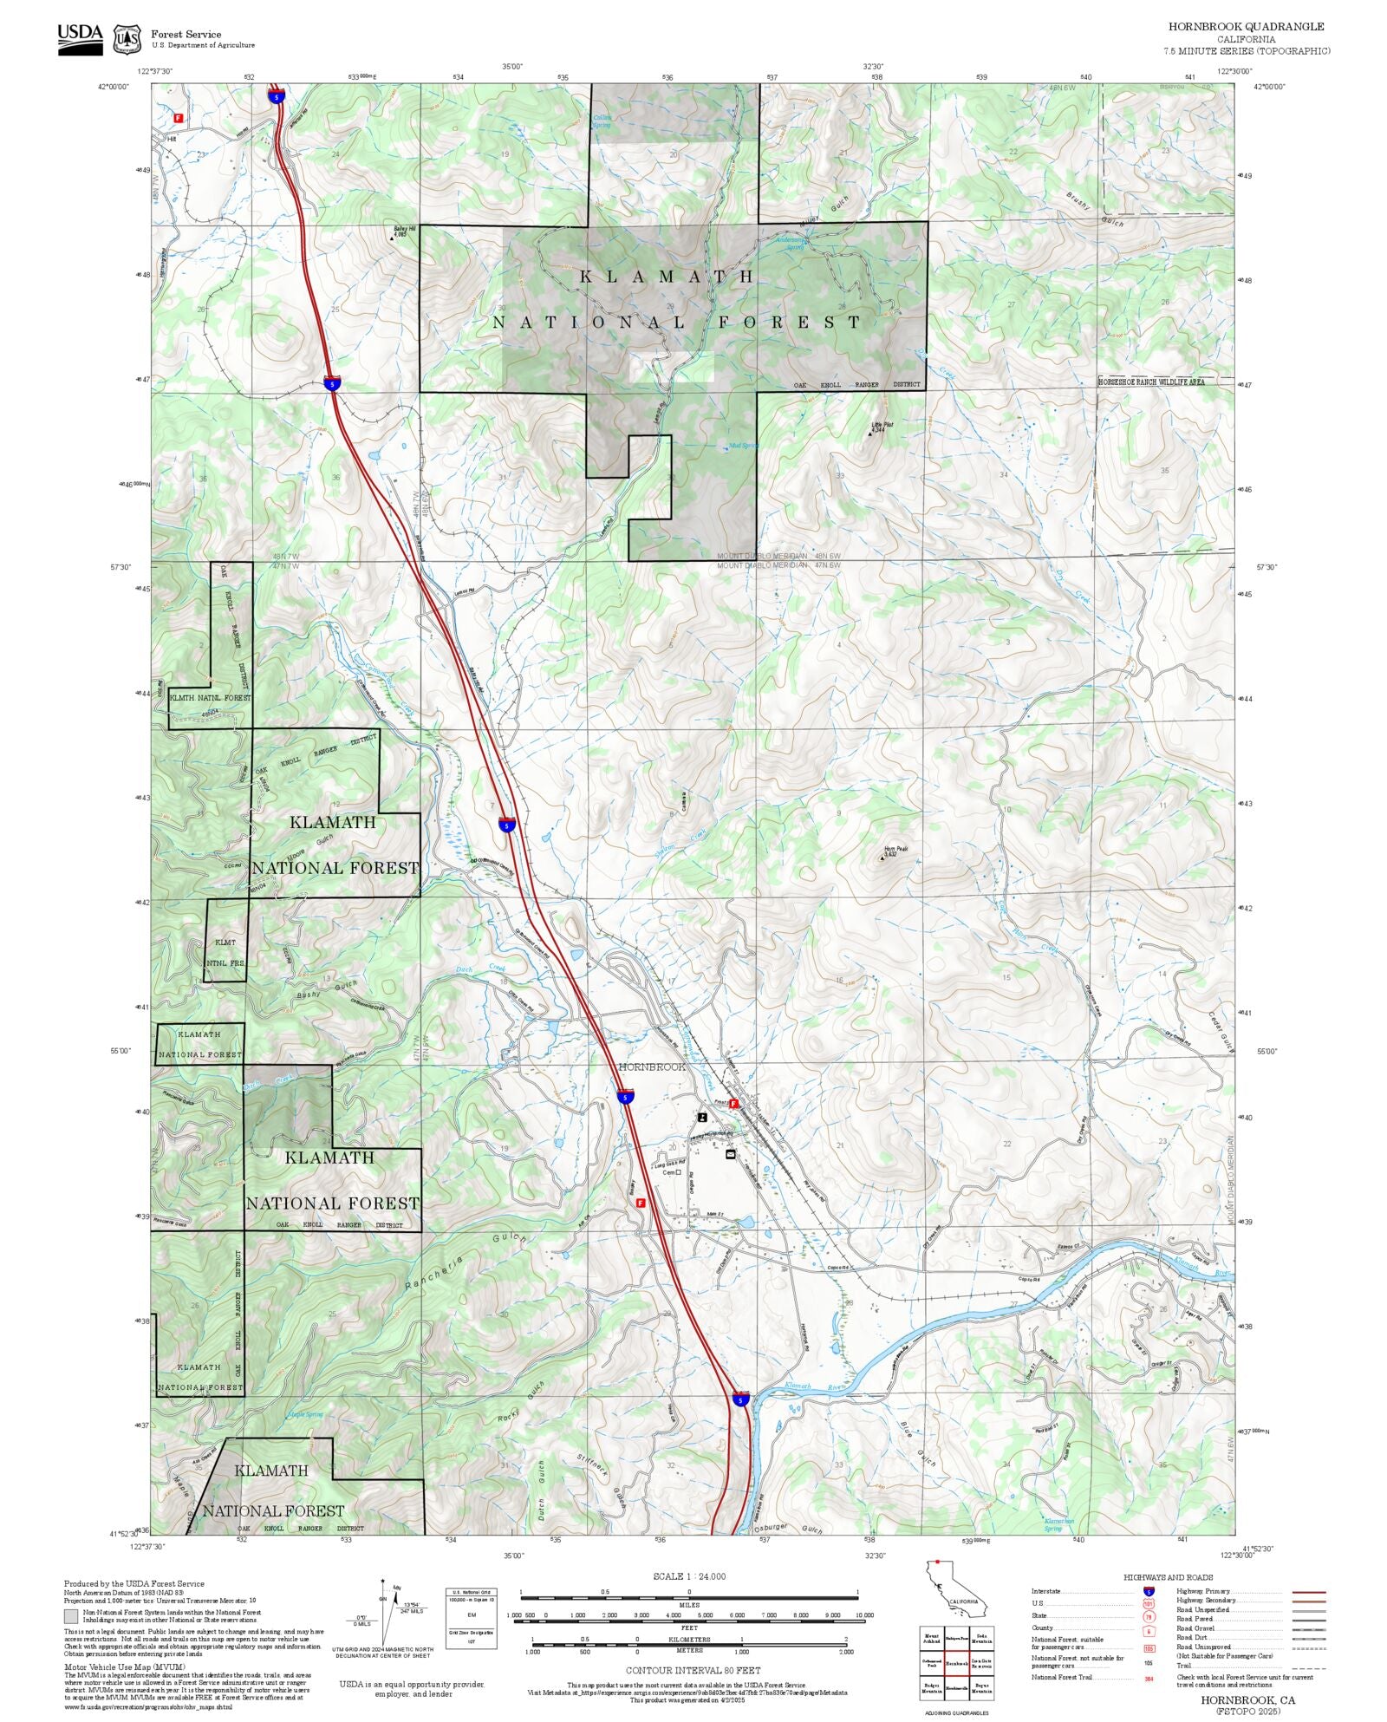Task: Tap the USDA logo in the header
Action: point(80,38)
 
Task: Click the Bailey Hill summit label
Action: point(400,232)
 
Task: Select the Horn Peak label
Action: point(895,851)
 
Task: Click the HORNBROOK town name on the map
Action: point(652,1066)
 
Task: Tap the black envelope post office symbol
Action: point(730,1154)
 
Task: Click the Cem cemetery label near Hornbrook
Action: point(669,1172)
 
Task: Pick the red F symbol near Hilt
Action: point(179,117)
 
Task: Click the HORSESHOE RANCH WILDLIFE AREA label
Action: point(1151,382)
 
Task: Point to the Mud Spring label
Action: point(743,446)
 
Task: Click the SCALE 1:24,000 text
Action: point(689,1576)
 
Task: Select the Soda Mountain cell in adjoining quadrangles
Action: point(981,1637)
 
